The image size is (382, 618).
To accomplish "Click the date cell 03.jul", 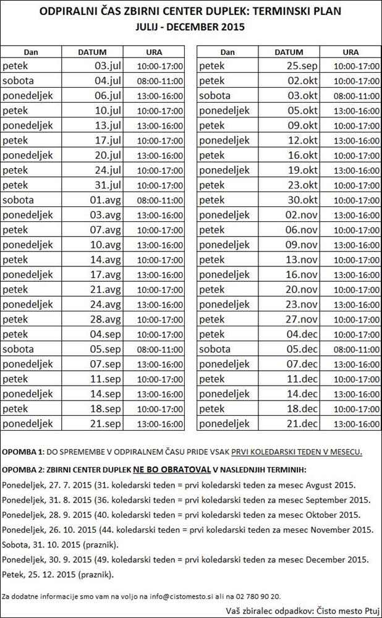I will pyautogui.click(x=106, y=66).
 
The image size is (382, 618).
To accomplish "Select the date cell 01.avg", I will pyautogui.click(x=106, y=200).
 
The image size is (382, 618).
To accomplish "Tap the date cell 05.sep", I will pyautogui.click(x=106, y=349).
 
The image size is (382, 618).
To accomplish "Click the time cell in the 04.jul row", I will pyautogui.click(x=160, y=81).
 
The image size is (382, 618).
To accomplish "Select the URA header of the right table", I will pyautogui.click(x=350, y=53).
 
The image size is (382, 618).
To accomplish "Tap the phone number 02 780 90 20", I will pyautogui.click(x=255, y=596).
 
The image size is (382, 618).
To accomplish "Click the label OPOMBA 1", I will pyautogui.click(x=22, y=451).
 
